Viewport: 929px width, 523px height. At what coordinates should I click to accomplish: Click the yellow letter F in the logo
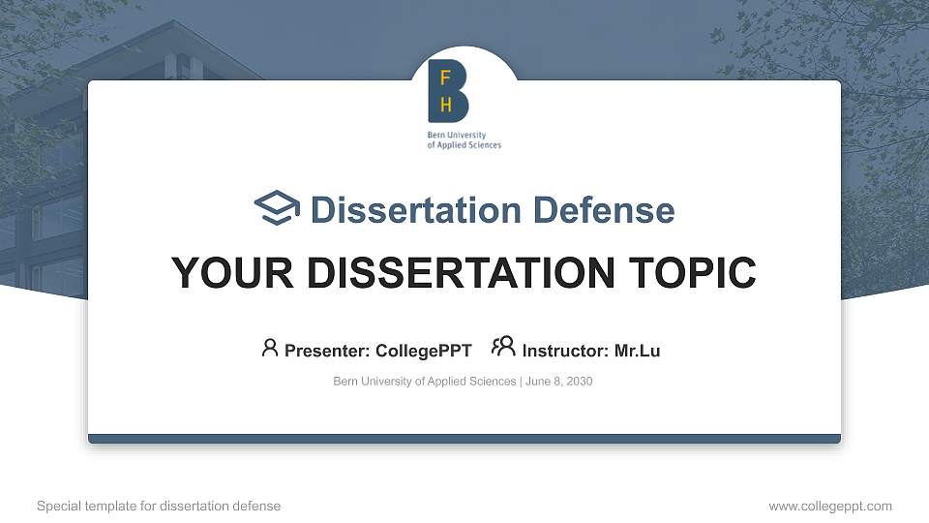[x=445, y=77]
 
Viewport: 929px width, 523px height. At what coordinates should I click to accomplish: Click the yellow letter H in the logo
[x=446, y=105]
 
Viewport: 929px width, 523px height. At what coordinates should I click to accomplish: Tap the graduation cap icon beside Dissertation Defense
[x=277, y=207]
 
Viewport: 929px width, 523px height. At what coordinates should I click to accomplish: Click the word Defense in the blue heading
[x=604, y=210]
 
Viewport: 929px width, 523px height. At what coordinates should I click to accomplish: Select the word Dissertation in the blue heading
[x=416, y=210]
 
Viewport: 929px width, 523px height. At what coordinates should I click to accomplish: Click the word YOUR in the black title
[x=232, y=273]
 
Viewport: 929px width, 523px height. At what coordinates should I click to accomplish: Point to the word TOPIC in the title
[x=693, y=273]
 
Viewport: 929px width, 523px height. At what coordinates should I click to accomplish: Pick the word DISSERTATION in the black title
[x=461, y=273]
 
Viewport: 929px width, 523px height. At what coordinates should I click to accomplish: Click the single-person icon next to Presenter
[x=270, y=348]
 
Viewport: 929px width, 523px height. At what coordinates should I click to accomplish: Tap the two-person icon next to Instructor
[x=503, y=347]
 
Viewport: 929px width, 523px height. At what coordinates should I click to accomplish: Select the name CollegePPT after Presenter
[x=424, y=351]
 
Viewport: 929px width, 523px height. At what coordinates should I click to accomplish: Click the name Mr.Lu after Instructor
[x=637, y=351]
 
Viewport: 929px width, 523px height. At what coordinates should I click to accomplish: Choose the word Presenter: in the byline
[x=327, y=351]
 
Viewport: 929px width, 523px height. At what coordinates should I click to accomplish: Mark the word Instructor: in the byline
[x=565, y=351]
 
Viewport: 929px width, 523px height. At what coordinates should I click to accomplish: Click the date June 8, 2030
[x=558, y=382]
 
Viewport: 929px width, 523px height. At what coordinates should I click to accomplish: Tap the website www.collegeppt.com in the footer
[x=830, y=506]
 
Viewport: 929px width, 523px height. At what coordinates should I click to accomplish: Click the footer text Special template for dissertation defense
[x=159, y=506]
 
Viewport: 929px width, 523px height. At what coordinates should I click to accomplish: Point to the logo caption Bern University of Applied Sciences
[x=464, y=139]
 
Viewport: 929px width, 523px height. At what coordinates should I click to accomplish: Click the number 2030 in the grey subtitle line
[x=580, y=382]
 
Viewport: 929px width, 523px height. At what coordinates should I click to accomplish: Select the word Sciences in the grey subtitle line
[x=493, y=382]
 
